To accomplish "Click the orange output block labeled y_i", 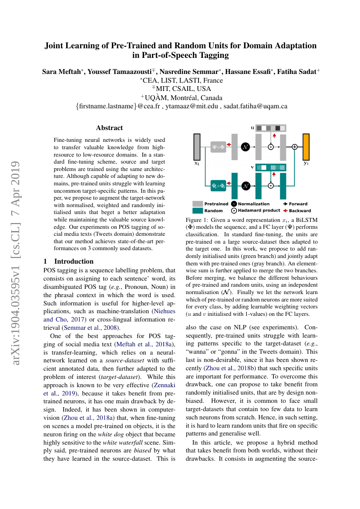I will click(x=306, y=147).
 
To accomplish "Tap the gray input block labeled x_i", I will click(x=197, y=147).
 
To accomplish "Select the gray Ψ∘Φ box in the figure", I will click(x=218, y=147).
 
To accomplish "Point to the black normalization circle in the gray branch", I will click(x=245, y=147).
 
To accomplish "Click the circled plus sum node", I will click(x=295, y=147).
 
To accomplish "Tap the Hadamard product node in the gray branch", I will click(x=271, y=147).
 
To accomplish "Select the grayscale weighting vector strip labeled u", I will click(x=270, y=128).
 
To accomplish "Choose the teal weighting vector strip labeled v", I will click(x=270, y=167).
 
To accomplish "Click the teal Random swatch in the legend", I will click(x=198, y=211).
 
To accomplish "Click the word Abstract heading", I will click(x=109, y=128).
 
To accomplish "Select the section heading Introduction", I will click(x=74, y=261).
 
